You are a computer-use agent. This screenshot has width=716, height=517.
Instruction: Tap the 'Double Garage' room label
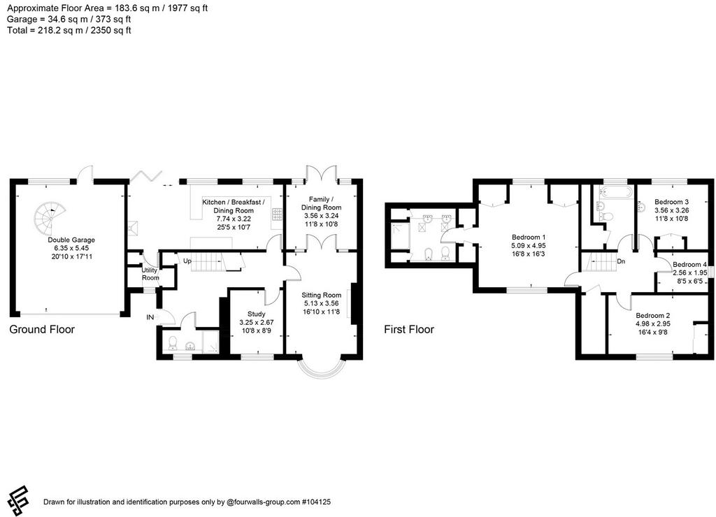[x=71, y=240]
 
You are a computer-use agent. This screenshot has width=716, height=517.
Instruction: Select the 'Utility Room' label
[x=150, y=274]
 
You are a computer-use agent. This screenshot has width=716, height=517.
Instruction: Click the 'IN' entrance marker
[x=150, y=317]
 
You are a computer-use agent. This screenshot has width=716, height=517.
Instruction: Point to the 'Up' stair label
[x=187, y=261]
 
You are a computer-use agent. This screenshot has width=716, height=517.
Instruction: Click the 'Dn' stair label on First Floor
[x=621, y=261]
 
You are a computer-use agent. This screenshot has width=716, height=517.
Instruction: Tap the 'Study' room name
[x=256, y=314]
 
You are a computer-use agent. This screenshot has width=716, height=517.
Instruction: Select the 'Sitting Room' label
[x=322, y=296]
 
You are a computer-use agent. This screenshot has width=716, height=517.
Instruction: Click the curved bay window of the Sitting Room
[x=321, y=375]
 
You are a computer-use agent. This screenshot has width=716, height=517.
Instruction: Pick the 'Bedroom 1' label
[x=529, y=238]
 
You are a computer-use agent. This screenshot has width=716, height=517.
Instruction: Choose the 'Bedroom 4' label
[x=689, y=264]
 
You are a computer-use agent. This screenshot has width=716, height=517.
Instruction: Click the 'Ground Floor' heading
[x=42, y=330]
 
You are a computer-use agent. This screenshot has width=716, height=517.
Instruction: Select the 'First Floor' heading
[x=408, y=330]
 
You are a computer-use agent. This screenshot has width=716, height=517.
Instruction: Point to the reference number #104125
[x=316, y=502]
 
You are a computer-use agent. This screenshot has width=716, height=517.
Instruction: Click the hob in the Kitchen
[x=277, y=214]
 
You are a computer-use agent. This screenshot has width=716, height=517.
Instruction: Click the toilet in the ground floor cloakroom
[x=173, y=342]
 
